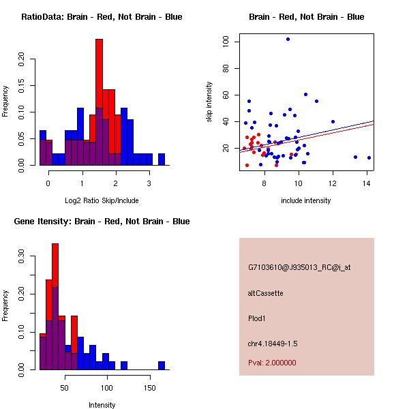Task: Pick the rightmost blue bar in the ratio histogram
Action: (162, 160)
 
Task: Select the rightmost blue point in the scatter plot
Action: (369, 157)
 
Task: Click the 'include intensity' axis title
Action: (306, 201)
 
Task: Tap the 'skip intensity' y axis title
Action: (209, 102)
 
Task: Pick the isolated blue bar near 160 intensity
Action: (162, 365)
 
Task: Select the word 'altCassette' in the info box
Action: (265, 293)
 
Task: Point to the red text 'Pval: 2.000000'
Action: (272, 363)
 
